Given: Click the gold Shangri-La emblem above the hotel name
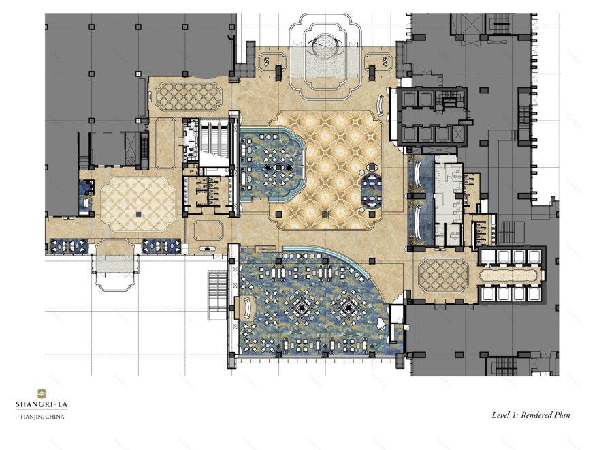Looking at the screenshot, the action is pyautogui.click(x=42, y=393).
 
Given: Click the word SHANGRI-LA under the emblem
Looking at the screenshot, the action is pyautogui.click(x=42, y=404).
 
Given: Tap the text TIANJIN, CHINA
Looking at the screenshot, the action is pyautogui.click(x=42, y=417).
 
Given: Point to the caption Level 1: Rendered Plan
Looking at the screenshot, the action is pyautogui.click(x=530, y=415).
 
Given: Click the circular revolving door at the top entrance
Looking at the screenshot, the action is pyautogui.click(x=325, y=46).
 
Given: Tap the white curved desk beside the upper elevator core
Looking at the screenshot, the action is pyautogui.click(x=381, y=104).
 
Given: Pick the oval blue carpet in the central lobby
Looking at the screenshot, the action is pyautogui.click(x=370, y=190).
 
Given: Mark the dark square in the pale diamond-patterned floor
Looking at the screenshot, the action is pyautogui.click(x=138, y=214).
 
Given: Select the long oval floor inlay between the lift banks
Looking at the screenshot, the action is pyautogui.click(x=511, y=275).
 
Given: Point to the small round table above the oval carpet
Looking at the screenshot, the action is pyautogui.click(x=372, y=167).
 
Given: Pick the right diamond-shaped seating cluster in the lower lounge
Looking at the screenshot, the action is pyautogui.click(x=349, y=307).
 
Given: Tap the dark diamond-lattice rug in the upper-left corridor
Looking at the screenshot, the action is pyautogui.click(x=188, y=95).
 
